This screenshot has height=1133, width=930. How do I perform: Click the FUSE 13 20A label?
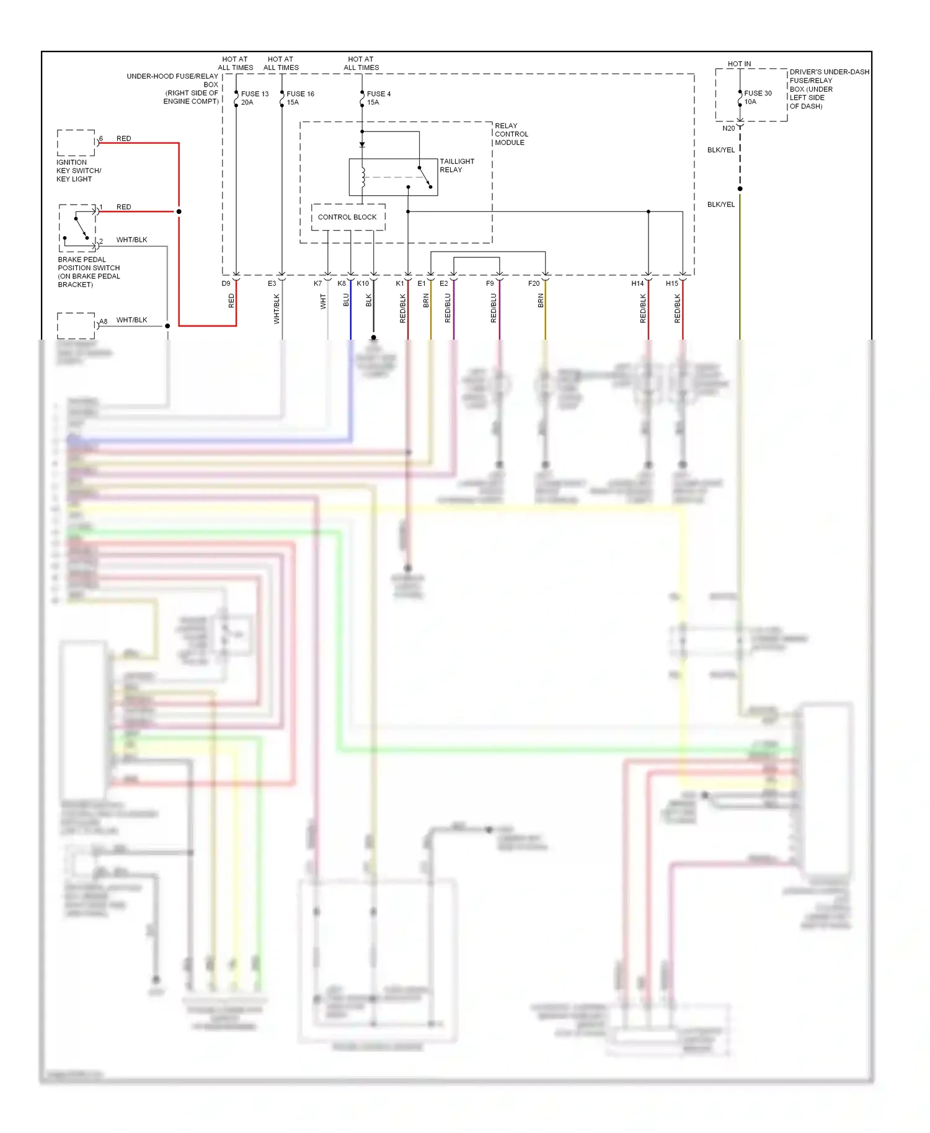coord(254,98)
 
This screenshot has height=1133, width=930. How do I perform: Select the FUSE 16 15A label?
coord(299,98)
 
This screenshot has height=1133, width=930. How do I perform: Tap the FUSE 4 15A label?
coord(378,98)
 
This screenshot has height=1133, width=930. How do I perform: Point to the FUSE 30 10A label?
coord(758,97)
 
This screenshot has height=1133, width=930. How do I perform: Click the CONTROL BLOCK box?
coord(347,217)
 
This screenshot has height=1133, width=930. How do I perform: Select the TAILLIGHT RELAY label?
coord(456,165)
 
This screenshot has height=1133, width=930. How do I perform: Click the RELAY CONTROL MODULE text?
coord(511,134)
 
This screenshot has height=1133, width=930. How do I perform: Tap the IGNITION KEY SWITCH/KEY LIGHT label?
coord(78,170)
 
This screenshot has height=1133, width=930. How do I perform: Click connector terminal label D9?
coord(226,283)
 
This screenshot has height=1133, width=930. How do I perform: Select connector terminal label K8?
coord(342,283)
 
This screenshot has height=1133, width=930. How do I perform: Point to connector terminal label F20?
coord(533,283)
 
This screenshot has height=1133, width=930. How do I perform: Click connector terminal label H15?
coord(671,283)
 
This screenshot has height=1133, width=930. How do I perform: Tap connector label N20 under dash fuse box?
coord(728,128)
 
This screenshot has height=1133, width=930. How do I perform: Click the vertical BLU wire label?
coord(346,300)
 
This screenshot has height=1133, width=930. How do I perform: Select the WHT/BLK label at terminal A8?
coord(131,320)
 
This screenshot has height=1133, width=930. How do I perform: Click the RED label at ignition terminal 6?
coord(123,138)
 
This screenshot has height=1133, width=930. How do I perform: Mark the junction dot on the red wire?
coord(179,211)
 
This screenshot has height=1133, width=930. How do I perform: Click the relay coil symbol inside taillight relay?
coord(363,177)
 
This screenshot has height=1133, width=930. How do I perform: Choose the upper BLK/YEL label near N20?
coord(720,150)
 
